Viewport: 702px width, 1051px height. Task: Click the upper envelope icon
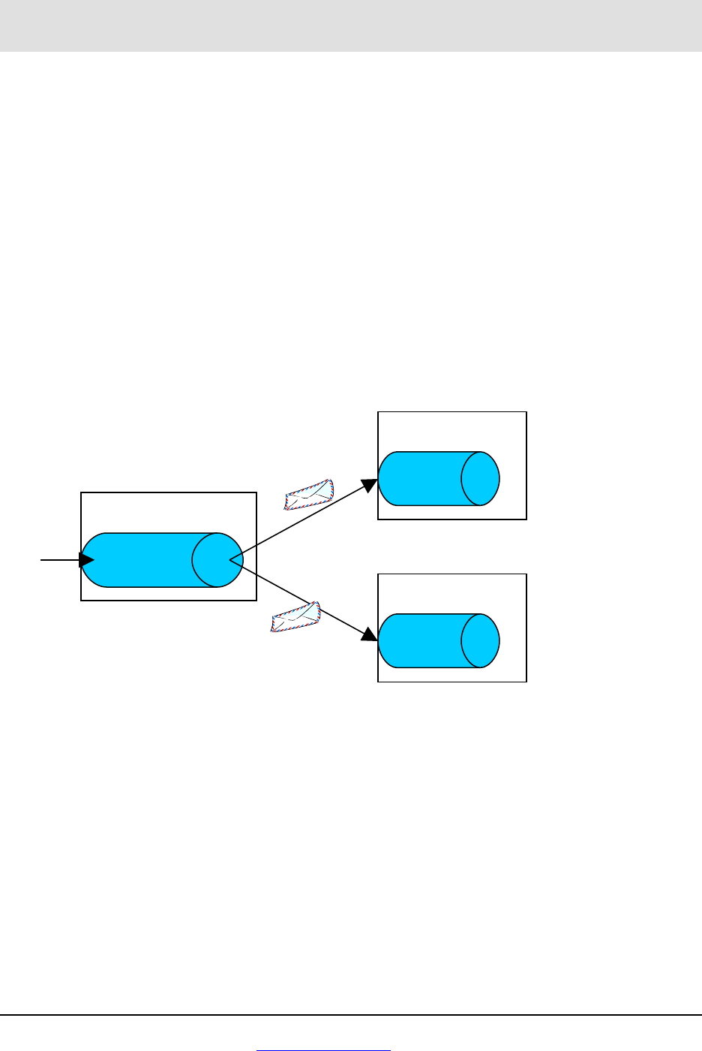pyautogui.click(x=308, y=494)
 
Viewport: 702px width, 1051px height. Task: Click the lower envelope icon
pyautogui.click(x=295, y=617)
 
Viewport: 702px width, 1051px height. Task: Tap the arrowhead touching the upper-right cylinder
pyautogui.click(x=370, y=484)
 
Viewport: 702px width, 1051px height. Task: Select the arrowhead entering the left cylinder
pyautogui.click(x=87, y=560)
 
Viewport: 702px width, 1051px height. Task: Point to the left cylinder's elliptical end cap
pyautogui.click(x=217, y=560)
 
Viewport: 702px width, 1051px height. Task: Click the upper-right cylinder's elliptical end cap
pyautogui.click(x=480, y=478)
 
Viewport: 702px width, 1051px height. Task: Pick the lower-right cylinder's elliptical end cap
pyautogui.click(x=480, y=640)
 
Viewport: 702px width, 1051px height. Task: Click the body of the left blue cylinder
pyautogui.click(x=142, y=560)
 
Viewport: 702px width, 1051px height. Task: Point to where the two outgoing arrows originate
pyautogui.click(x=230, y=559)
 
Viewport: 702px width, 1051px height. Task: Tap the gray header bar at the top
pyautogui.click(x=351, y=26)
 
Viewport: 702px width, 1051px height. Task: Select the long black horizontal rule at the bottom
pyautogui.click(x=351, y=1016)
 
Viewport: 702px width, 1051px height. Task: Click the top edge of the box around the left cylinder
pyautogui.click(x=169, y=492)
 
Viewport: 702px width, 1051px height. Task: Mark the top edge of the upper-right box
pyautogui.click(x=452, y=411)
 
